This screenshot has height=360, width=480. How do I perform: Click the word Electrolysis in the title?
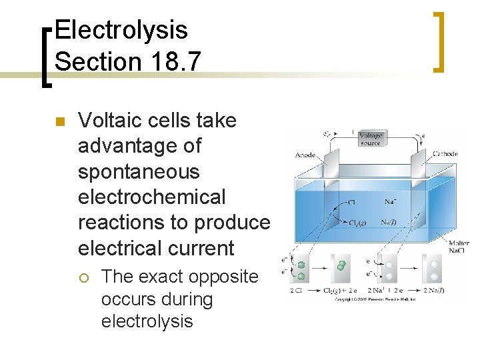point(121,30)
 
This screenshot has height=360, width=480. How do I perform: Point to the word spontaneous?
point(139,172)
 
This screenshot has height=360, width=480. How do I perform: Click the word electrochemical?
point(152,197)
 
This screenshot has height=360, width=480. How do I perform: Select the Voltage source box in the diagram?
point(370,139)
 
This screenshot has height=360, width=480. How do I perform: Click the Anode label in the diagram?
point(305,155)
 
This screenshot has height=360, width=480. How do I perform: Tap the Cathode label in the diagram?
point(445,154)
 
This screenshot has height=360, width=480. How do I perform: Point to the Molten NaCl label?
point(458,247)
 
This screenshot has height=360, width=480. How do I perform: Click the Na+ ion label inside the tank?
point(391,201)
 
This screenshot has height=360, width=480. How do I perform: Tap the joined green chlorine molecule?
point(341,266)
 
